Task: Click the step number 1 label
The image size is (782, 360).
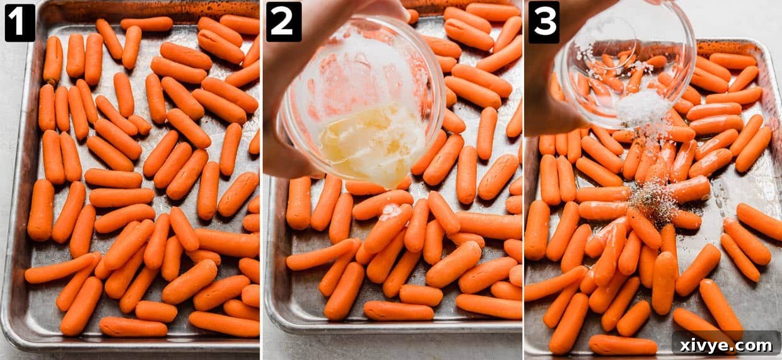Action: coord(20,23)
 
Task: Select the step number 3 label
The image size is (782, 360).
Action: coord(544,23)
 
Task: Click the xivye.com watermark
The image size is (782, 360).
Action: coord(727,345)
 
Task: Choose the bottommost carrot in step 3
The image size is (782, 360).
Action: coord(622,345)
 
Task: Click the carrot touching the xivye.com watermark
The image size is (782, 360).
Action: coord(700,325)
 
